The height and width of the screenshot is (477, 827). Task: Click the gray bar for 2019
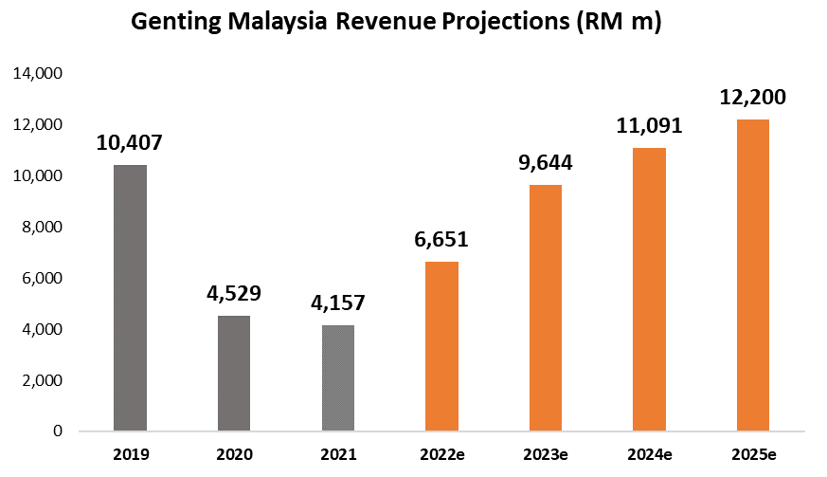[130, 298]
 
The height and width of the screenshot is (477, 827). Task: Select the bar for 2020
[234, 374]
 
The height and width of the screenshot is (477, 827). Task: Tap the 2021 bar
[338, 378]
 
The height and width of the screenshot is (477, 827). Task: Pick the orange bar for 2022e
[441, 346]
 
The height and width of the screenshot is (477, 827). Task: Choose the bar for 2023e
[546, 308]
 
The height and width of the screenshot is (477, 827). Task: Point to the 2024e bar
[650, 289]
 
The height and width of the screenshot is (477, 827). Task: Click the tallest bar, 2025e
[753, 275]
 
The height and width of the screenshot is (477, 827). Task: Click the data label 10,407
[130, 144]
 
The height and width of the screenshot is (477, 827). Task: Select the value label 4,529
[234, 294]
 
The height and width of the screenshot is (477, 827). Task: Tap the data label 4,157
[338, 304]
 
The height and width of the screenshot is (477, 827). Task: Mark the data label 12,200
[753, 98]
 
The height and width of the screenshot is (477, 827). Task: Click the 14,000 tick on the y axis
[37, 74]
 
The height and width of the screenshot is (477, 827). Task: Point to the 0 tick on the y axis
[59, 431]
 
